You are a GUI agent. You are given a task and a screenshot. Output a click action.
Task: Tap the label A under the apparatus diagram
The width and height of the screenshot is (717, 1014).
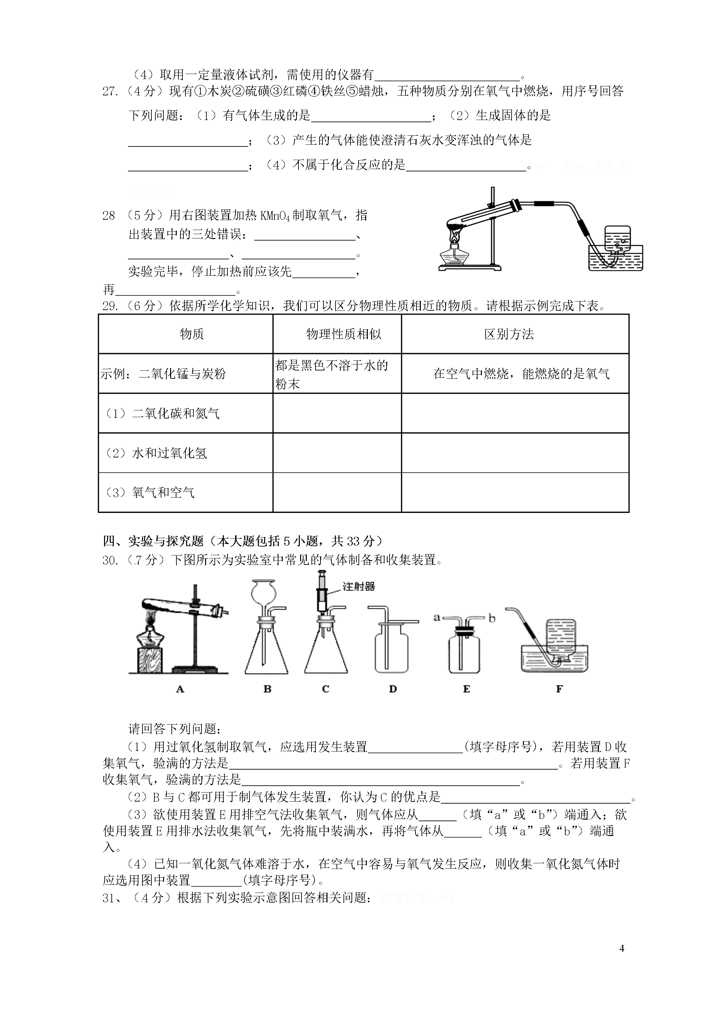point(180,689)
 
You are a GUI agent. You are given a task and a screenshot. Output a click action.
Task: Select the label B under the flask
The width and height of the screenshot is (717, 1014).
point(267,689)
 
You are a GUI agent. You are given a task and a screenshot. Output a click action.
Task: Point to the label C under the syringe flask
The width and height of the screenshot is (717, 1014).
point(325,689)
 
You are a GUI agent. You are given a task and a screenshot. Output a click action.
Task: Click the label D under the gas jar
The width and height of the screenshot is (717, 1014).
point(393,689)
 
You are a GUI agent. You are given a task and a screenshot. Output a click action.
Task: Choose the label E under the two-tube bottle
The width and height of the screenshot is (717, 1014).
point(466,689)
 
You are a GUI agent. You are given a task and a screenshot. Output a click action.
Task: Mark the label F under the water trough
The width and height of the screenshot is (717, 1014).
point(559,689)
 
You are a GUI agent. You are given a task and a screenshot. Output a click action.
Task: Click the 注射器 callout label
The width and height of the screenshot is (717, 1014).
point(359,587)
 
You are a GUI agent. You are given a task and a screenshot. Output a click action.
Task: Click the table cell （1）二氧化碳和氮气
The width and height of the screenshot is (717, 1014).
point(162,413)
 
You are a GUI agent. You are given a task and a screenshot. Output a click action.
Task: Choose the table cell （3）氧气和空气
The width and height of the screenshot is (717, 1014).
point(150,492)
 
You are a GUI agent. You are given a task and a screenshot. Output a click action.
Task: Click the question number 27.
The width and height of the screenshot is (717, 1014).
point(110,91)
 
